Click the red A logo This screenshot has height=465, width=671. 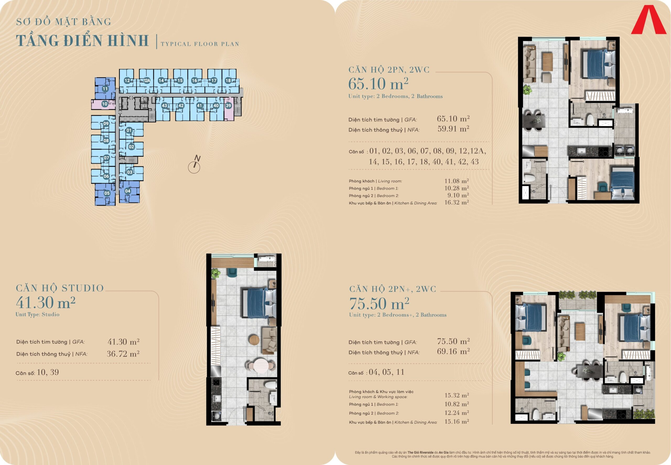[648, 20]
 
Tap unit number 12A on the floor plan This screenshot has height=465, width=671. [147, 81]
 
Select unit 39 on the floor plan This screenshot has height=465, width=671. [228, 106]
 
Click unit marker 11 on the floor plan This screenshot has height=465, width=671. [105, 89]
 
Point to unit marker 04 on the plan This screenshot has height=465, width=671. [128, 191]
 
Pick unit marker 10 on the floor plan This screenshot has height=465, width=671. [105, 104]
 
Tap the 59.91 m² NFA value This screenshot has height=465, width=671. [453, 129]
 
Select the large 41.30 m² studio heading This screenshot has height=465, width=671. [46, 303]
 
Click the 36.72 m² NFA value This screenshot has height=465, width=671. [123, 354]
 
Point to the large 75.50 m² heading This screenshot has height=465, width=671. [379, 304]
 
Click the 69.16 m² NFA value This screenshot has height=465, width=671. [453, 351]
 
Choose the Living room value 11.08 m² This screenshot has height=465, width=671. [457, 181]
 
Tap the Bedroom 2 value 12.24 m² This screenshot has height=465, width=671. [457, 413]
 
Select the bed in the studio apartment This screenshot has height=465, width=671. [259, 303]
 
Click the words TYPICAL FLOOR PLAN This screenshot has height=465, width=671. [200, 44]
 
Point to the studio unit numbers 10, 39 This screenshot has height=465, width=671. [48, 372]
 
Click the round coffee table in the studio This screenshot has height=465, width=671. [254, 340]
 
